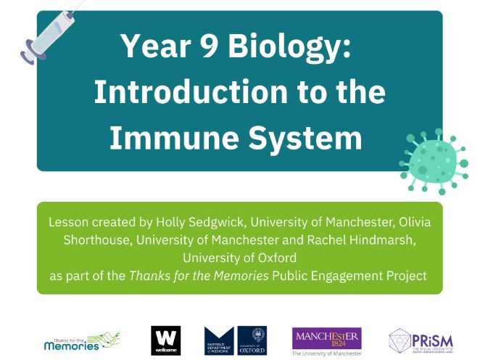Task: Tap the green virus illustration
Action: click(434, 160)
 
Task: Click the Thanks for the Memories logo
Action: click(81, 340)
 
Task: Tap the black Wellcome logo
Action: click(165, 340)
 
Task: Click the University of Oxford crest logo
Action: click(252, 340)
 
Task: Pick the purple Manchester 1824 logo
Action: click(326, 337)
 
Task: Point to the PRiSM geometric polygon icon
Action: click(404, 340)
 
